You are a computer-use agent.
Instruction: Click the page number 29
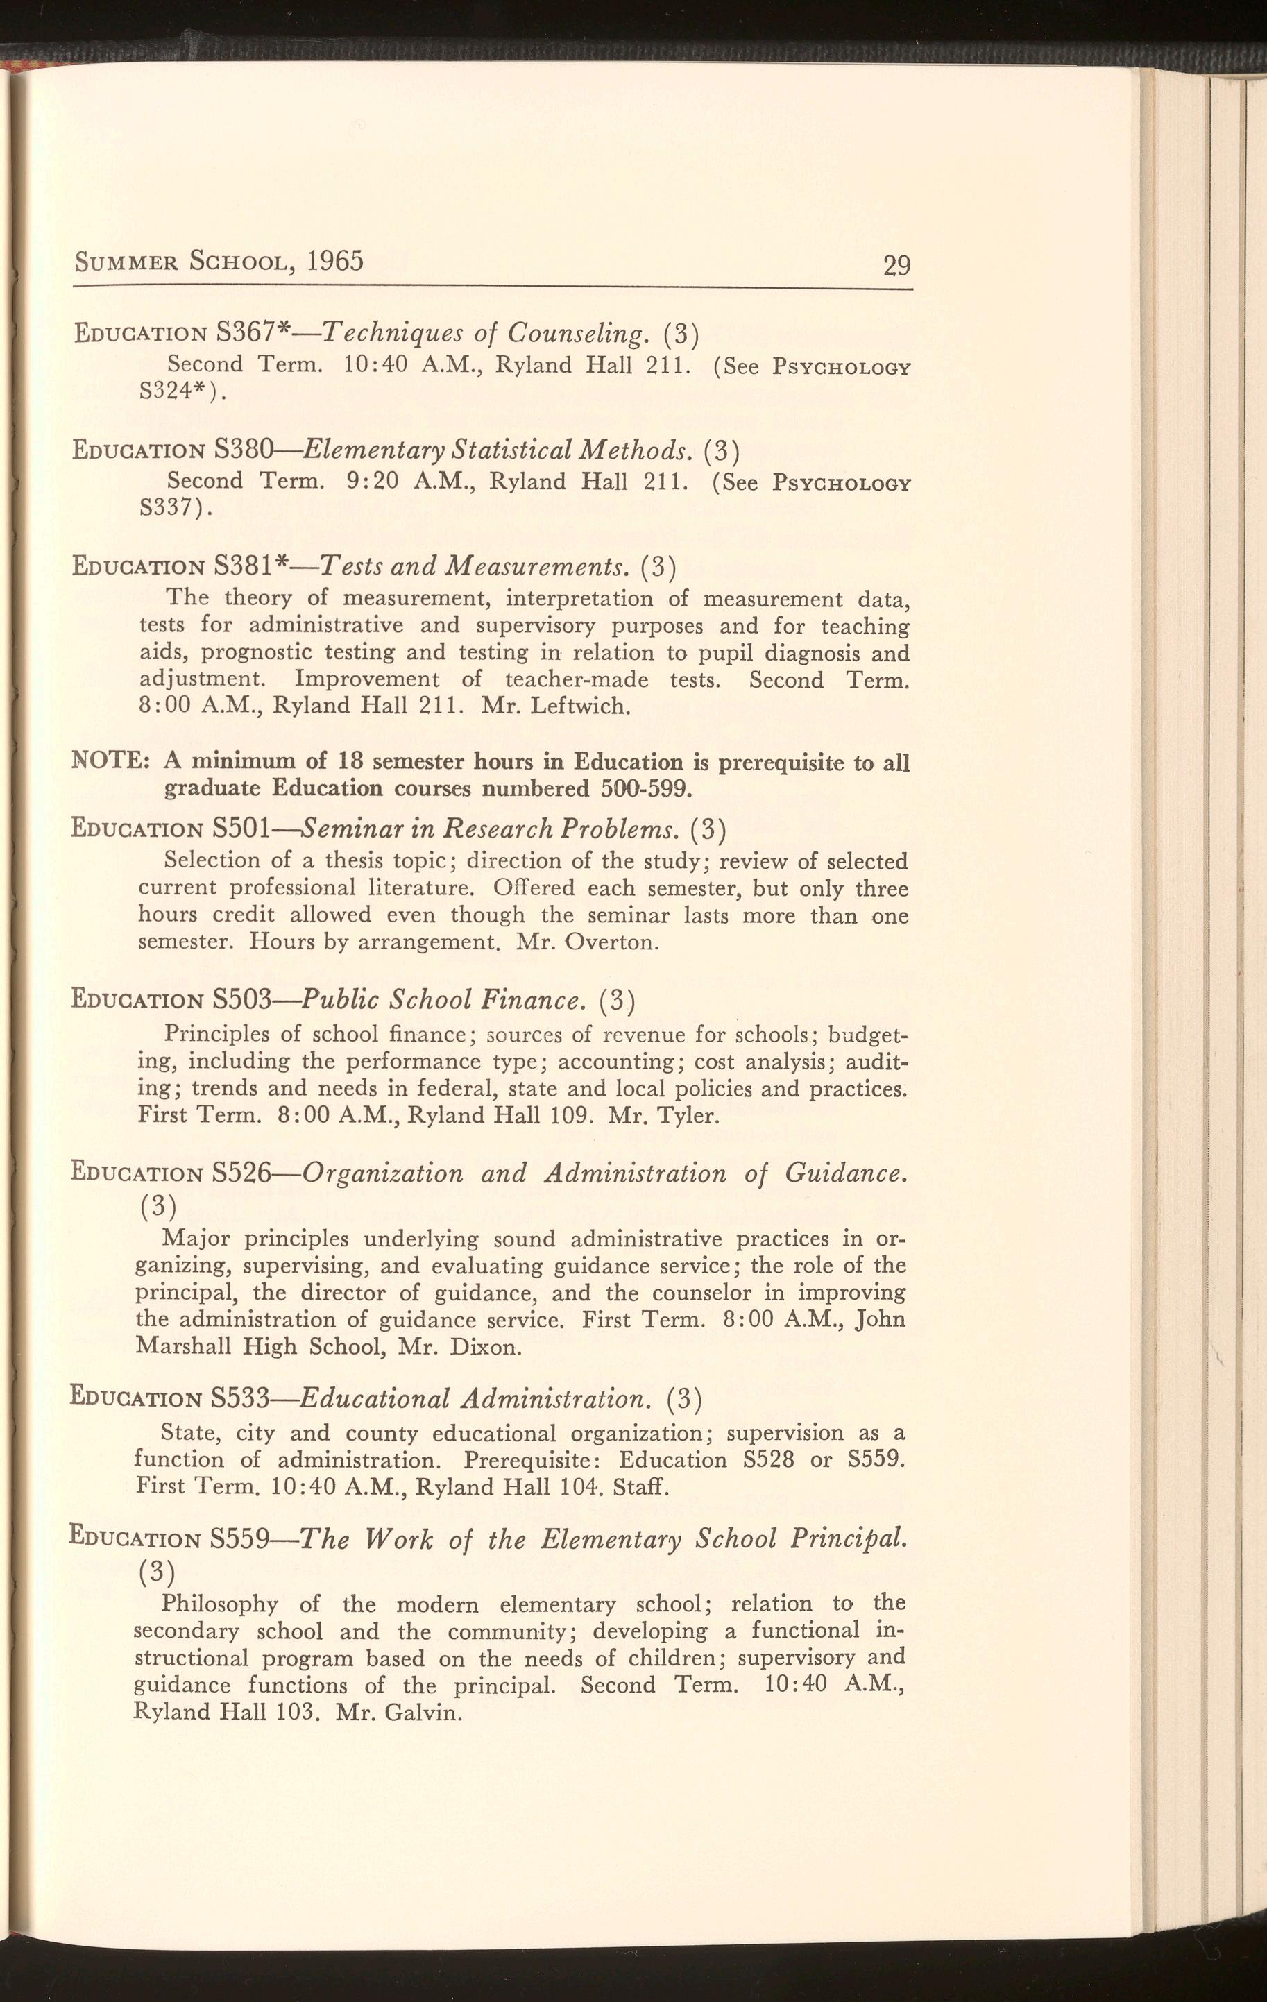(897, 265)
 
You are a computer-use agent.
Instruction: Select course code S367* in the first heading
(252, 332)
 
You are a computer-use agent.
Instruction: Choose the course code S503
(242, 999)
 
